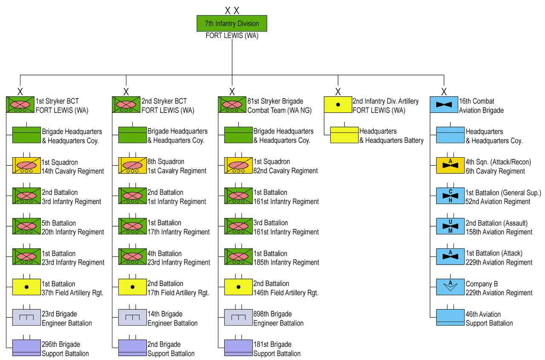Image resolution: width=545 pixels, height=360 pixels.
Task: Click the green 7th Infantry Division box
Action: pyautogui.click(x=232, y=23)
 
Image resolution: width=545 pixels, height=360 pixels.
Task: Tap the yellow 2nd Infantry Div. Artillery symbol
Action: pyautogui.click(x=338, y=105)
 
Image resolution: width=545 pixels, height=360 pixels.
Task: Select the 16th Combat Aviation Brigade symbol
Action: pyautogui.click(x=444, y=105)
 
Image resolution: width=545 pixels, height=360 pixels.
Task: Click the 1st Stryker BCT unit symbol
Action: pyautogui.click(x=20, y=105)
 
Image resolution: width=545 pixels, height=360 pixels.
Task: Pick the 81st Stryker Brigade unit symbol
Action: pyautogui.click(x=232, y=105)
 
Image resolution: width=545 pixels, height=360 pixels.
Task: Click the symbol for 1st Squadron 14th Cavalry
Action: pyautogui.click(x=26, y=165)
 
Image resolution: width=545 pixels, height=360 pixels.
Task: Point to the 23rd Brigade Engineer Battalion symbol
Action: pyautogui.click(x=26, y=317)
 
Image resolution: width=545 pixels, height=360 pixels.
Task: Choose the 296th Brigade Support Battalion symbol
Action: pyautogui.click(x=26, y=348)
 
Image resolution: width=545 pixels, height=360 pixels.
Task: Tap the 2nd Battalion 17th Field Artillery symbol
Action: pyautogui.click(x=132, y=287)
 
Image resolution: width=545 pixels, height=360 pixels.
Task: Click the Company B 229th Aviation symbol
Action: pyautogui.click(x=450, y=287)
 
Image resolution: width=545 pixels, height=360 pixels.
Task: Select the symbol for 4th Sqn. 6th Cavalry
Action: pyautogui.click(x=450, y=165)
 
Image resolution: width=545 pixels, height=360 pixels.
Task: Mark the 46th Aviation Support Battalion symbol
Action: pyautogui.click(x=450, y=318)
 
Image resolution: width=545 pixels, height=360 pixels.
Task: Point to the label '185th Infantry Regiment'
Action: pyautogui.click(x=286, y=262)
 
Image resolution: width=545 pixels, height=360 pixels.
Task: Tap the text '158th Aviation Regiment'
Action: pyautogui.click(x=499, y=232)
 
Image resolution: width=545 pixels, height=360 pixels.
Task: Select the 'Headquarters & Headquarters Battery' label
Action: pyautogui.click(x=391, y=136)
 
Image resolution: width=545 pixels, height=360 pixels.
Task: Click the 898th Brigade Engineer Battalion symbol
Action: pyautogui.click(x=238, y=317)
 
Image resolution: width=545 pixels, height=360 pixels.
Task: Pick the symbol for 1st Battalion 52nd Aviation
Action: pyautogui.click(x=450, y=196)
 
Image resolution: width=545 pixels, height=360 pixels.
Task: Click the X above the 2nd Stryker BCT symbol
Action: pyautogui.click(x=126, y=92)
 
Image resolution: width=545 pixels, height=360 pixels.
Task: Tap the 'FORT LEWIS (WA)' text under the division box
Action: pyautogui.click(x=232, y=36)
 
